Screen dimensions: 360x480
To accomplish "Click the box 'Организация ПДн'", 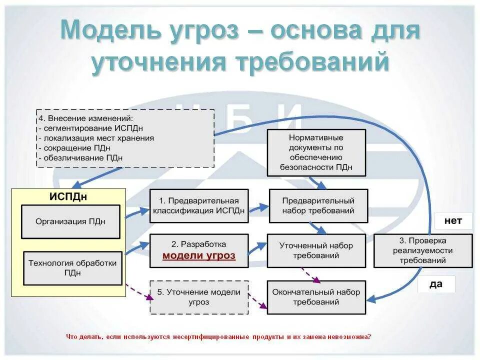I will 70,221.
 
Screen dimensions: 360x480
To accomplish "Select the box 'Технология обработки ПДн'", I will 72,268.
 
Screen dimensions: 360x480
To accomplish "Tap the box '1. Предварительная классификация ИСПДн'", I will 199,205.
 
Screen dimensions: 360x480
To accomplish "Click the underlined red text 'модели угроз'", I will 199,255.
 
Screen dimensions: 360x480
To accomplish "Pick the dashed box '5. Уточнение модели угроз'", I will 199,297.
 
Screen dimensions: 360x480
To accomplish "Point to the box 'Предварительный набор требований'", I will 318,205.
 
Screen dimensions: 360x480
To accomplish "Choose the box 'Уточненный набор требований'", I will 316,250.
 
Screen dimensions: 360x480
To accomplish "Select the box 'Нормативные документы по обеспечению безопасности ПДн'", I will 316,152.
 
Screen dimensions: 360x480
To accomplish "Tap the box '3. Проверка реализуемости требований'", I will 422,250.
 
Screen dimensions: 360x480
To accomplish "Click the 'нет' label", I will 453,220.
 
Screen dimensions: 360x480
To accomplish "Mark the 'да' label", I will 436,284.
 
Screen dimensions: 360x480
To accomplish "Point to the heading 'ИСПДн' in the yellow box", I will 68,196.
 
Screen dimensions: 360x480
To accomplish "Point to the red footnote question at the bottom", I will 218,336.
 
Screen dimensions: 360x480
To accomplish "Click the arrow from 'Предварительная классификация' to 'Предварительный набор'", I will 258,206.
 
